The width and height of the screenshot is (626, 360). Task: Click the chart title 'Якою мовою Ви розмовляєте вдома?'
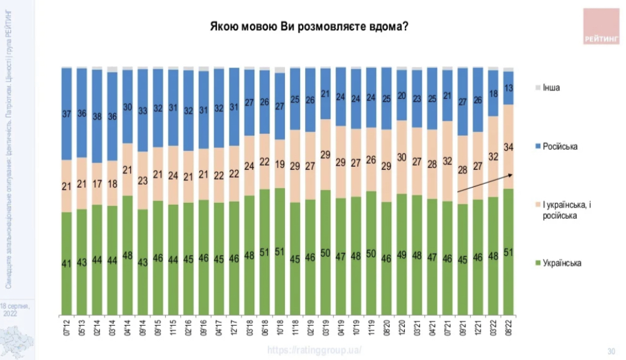[309, 28]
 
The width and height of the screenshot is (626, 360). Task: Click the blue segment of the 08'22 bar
[508, 88]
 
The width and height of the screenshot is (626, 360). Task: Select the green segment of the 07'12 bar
[67, 263]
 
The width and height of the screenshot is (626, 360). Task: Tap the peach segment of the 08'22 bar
[508, 147]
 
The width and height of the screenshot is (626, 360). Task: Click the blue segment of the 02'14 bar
[97, 116]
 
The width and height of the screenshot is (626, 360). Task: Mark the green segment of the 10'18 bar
[279, 251]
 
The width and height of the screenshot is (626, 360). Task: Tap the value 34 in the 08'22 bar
[508, 146]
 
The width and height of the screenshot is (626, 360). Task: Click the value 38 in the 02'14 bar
[97, 116]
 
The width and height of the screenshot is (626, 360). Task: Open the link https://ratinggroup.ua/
[314, 350]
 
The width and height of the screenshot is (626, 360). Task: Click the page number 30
[610, 351]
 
